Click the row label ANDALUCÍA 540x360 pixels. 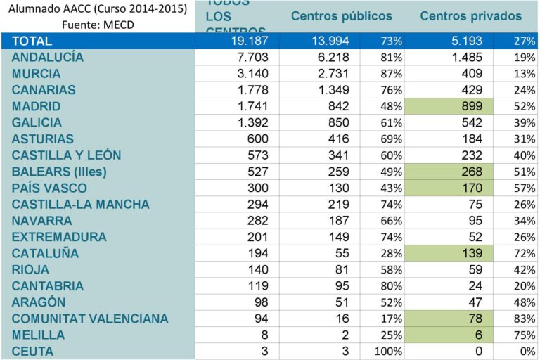point(48,58)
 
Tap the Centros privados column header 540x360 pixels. point(470,15)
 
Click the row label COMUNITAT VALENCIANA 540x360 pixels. point(90,319)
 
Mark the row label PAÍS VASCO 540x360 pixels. point(49,188)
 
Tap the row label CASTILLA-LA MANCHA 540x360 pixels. point(80,204)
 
